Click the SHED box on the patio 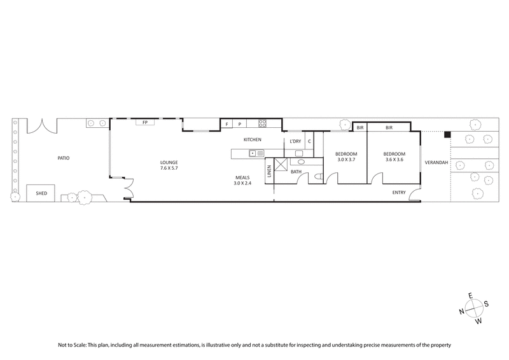41,192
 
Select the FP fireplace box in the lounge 145,122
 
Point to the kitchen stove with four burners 261,123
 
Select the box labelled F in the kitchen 227,123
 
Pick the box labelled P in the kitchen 240,123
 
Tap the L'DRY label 295,141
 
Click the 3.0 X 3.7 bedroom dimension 347,160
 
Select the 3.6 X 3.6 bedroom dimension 394,160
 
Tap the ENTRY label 399,192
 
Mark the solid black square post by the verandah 447,134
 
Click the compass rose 473,308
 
